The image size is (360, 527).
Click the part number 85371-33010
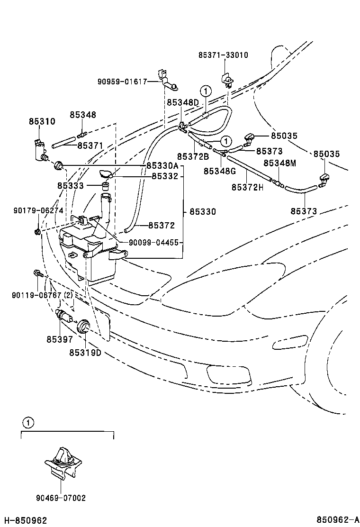223,55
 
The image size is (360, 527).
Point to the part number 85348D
182,102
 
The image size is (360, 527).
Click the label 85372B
193,156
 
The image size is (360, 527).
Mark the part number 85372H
247,187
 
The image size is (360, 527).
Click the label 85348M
279,163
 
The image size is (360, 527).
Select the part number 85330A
162,165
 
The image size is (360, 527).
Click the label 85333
70,186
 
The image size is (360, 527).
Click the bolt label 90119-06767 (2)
42,295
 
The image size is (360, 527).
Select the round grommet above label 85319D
84,326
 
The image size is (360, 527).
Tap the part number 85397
59,339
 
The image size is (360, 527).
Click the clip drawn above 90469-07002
63,460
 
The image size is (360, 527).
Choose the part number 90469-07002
61,498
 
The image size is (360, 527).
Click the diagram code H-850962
25,520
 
